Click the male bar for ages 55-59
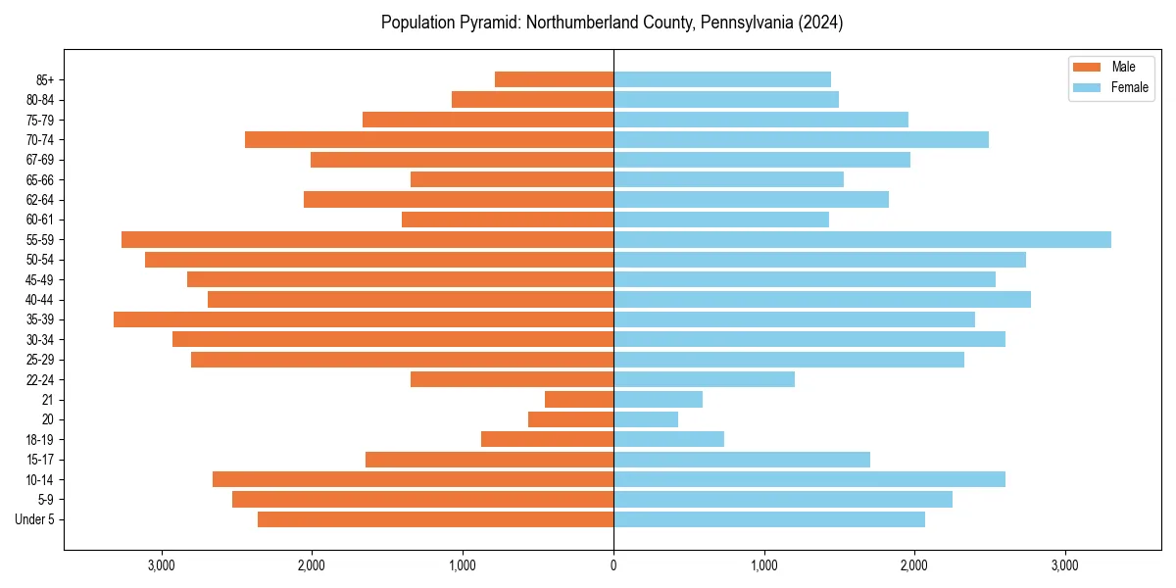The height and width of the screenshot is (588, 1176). coord(367,239)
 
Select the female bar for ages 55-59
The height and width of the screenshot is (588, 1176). coord(862,239)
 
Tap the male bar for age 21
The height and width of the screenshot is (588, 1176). coord(579,399)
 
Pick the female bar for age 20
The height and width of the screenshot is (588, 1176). coord(646,419)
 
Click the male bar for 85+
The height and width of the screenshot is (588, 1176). coord(554,79)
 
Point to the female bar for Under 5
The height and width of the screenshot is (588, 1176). coord(769,519)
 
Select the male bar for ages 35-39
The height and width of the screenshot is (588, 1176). coord(364,319)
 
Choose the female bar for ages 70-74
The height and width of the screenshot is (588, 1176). coord(801,139)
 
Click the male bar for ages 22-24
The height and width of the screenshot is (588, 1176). coord(512,379)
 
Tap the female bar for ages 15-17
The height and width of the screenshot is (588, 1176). coord(742,460)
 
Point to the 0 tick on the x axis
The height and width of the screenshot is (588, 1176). coord(613,565)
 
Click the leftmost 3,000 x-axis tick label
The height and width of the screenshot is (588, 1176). coord(161,565)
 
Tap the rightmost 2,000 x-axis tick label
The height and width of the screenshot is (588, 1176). coord(914,565)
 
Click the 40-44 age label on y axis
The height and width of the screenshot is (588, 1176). coord(40,300)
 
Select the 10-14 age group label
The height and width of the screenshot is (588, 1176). coord(40,479)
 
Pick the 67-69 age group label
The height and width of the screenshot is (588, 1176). coord(40,160)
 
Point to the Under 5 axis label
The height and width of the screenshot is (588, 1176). coord(34,519)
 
